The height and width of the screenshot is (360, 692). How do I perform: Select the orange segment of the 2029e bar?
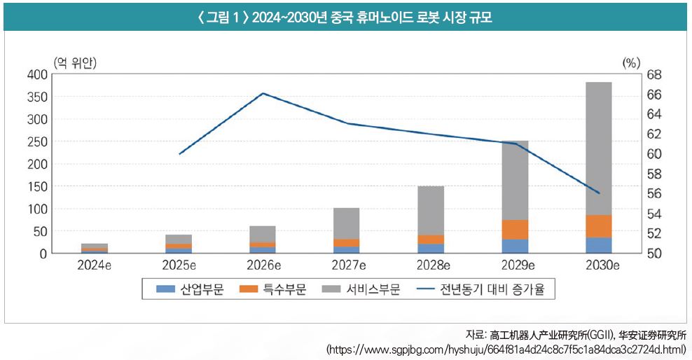pyautogui.click(x=515, y=230)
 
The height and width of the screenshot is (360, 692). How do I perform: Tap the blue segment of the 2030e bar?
pyautogui.click(x=599, y=245)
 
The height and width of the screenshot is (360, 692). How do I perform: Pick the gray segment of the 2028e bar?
pyautogui.click(x=431, y=210)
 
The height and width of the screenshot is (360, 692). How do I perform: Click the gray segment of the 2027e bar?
pyautogui.click(x=347, y=223)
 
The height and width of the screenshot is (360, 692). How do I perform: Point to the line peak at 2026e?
pyautogui.click(x=263, y=93)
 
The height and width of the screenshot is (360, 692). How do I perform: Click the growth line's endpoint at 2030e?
pyautogui.click(x=599, y=193)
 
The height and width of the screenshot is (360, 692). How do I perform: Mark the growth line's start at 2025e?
pyautogui.click(x=180, y=153)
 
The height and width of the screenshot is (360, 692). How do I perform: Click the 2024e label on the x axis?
pyautogui.click(x=95, y=265)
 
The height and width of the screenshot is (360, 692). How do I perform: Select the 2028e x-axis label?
pyautogui.click(x=431, y=265)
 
